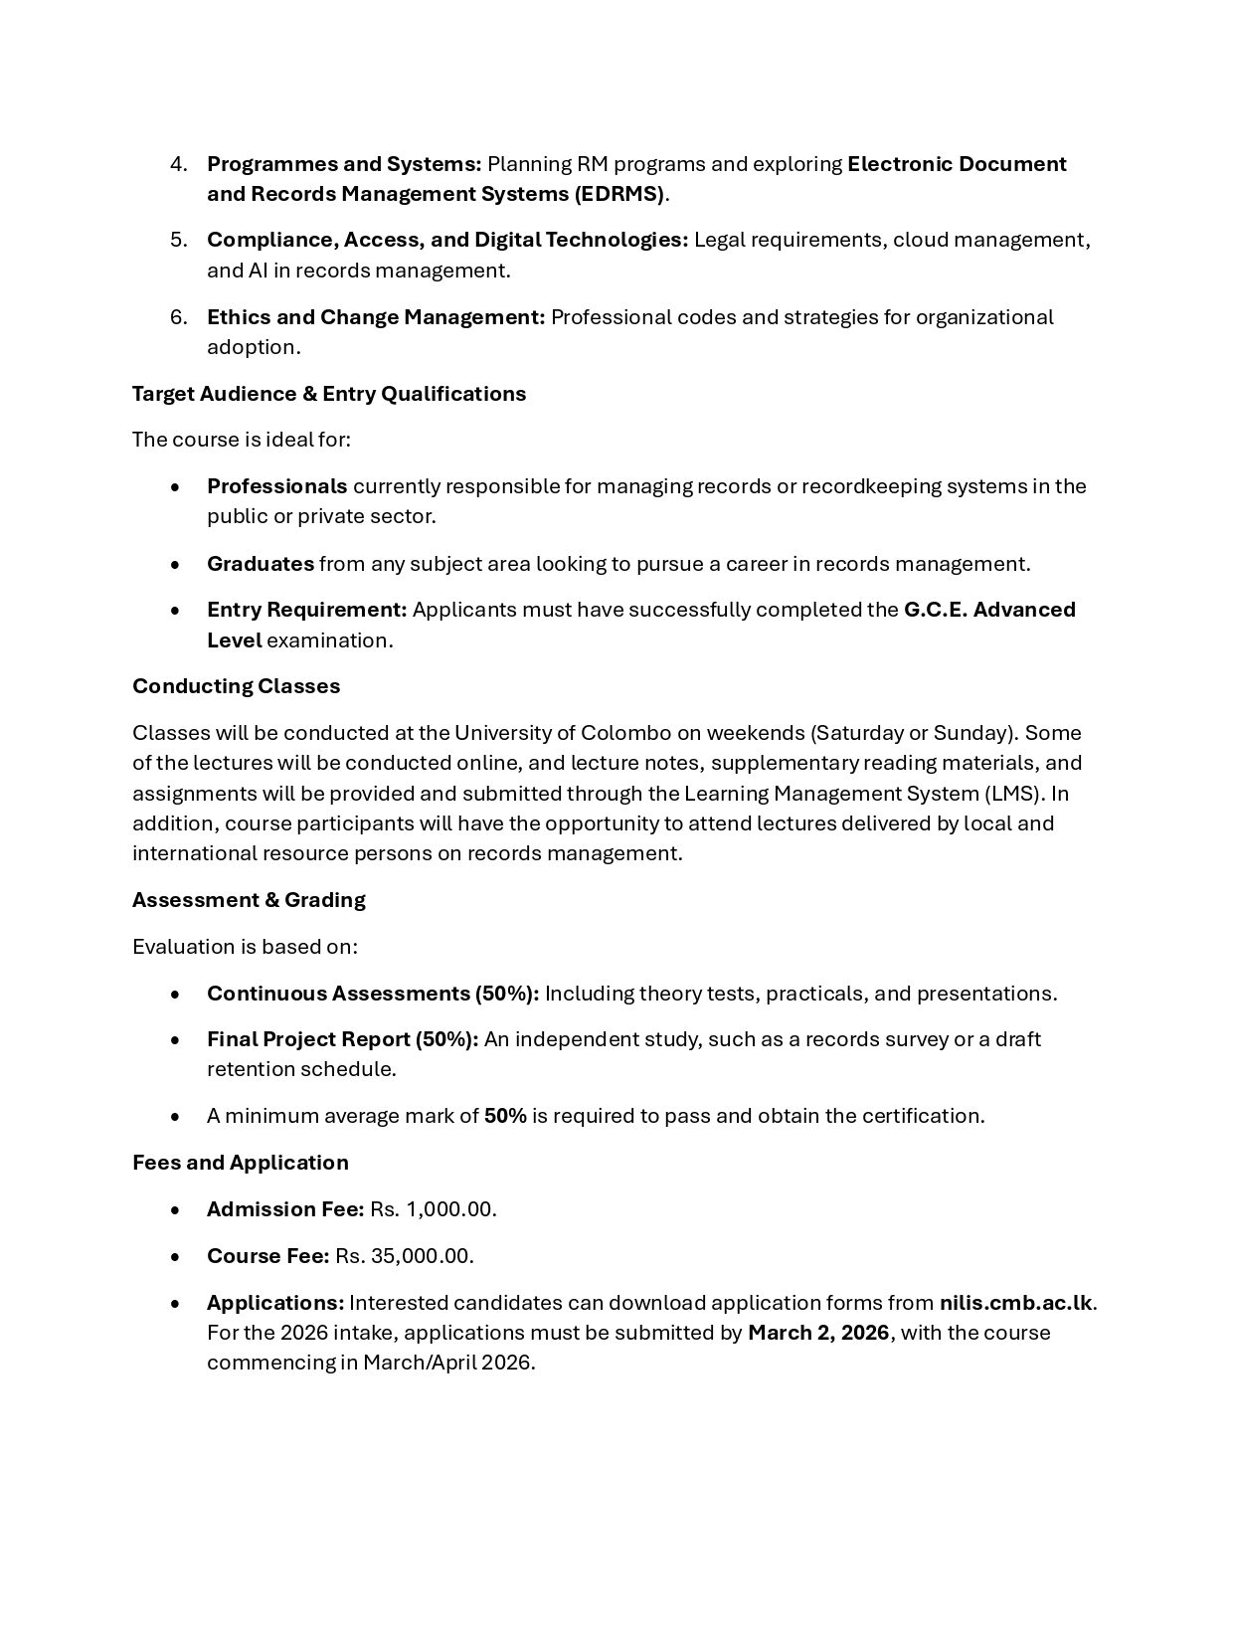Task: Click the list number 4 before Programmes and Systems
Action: [x=178, y=164]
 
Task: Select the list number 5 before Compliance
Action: [x=178, y=240]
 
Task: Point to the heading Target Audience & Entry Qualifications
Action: [x=329, y=394]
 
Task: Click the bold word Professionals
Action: [x=276, y=486]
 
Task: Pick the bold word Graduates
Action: [x=260, y=564]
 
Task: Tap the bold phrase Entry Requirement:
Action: [x=306, y=610]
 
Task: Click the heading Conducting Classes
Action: [x=236, y=686]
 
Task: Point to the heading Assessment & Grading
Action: [x=249, y=900]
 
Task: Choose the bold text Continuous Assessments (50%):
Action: [x=373, y=994]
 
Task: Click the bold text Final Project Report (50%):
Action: [x=342, y=1039]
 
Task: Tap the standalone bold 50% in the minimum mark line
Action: [x=505, y=1116]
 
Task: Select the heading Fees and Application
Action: [x=240, y=1163]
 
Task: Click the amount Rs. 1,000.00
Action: [x=433, y=1209]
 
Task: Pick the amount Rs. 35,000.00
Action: [x=404, y=1256]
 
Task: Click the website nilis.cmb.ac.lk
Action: [x=1015, y=1303]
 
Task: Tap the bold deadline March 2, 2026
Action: [x=817, y=1333]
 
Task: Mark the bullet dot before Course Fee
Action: [x=176, y=1257]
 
